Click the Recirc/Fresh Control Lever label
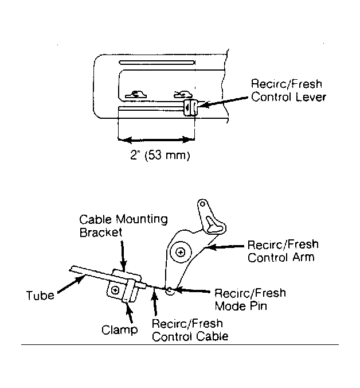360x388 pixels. pos(288,91)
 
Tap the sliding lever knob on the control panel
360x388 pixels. pos(190,107)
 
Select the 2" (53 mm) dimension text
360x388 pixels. pos(160,156)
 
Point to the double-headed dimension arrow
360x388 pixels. pos(156,140)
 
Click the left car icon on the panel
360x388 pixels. pos(136,95)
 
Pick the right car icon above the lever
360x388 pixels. pos(183,95)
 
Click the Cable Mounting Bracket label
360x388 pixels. pos(124,226)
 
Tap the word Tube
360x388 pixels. pos(40,296)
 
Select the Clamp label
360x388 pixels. pos(120,330)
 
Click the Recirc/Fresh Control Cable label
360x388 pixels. pos(190,330)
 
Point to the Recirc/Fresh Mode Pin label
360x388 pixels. pos(250,300)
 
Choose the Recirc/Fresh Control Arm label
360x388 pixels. pos(283,251)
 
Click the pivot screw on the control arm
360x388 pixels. pos(181,253)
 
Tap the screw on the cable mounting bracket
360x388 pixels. pos(115,290)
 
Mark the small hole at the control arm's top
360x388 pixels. pos(202,204)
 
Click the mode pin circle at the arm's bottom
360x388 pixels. pos(170,291)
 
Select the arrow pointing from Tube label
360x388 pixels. pos(71,285)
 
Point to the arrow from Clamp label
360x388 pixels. pos(130,312)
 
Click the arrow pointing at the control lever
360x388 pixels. pos(223,102)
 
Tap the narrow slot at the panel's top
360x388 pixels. pos(157,63)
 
